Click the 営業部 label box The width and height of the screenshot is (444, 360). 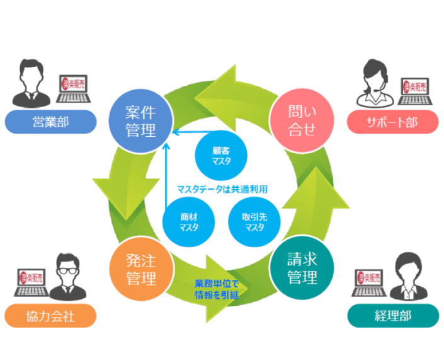(x=50, y=122)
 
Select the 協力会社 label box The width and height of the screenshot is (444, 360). (x=50, y=315)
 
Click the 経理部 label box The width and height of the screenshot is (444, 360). (x=392, y=315)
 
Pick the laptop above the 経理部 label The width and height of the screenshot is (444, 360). (x=368, y=282)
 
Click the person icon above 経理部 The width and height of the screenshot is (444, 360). (x=405, y=277)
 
